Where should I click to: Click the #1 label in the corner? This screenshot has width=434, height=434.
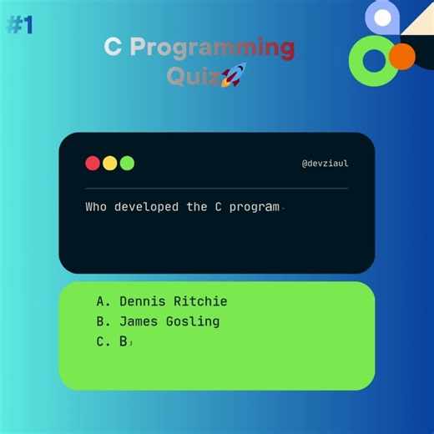coord(20,25)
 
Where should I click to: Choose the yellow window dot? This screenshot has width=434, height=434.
coord(110,163)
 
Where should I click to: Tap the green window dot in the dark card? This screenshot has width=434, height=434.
coord(127,163)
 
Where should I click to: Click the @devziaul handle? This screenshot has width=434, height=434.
coord(325,164)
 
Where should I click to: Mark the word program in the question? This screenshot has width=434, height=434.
coord(254,206)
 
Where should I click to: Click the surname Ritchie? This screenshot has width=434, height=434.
coord(201,301)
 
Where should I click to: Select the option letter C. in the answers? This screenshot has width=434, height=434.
coord(103,341)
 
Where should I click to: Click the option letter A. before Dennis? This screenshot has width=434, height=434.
coord(103,301)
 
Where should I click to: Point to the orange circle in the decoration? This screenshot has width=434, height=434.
coord(402,57)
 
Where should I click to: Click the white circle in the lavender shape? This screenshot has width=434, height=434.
coord(383,16)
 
